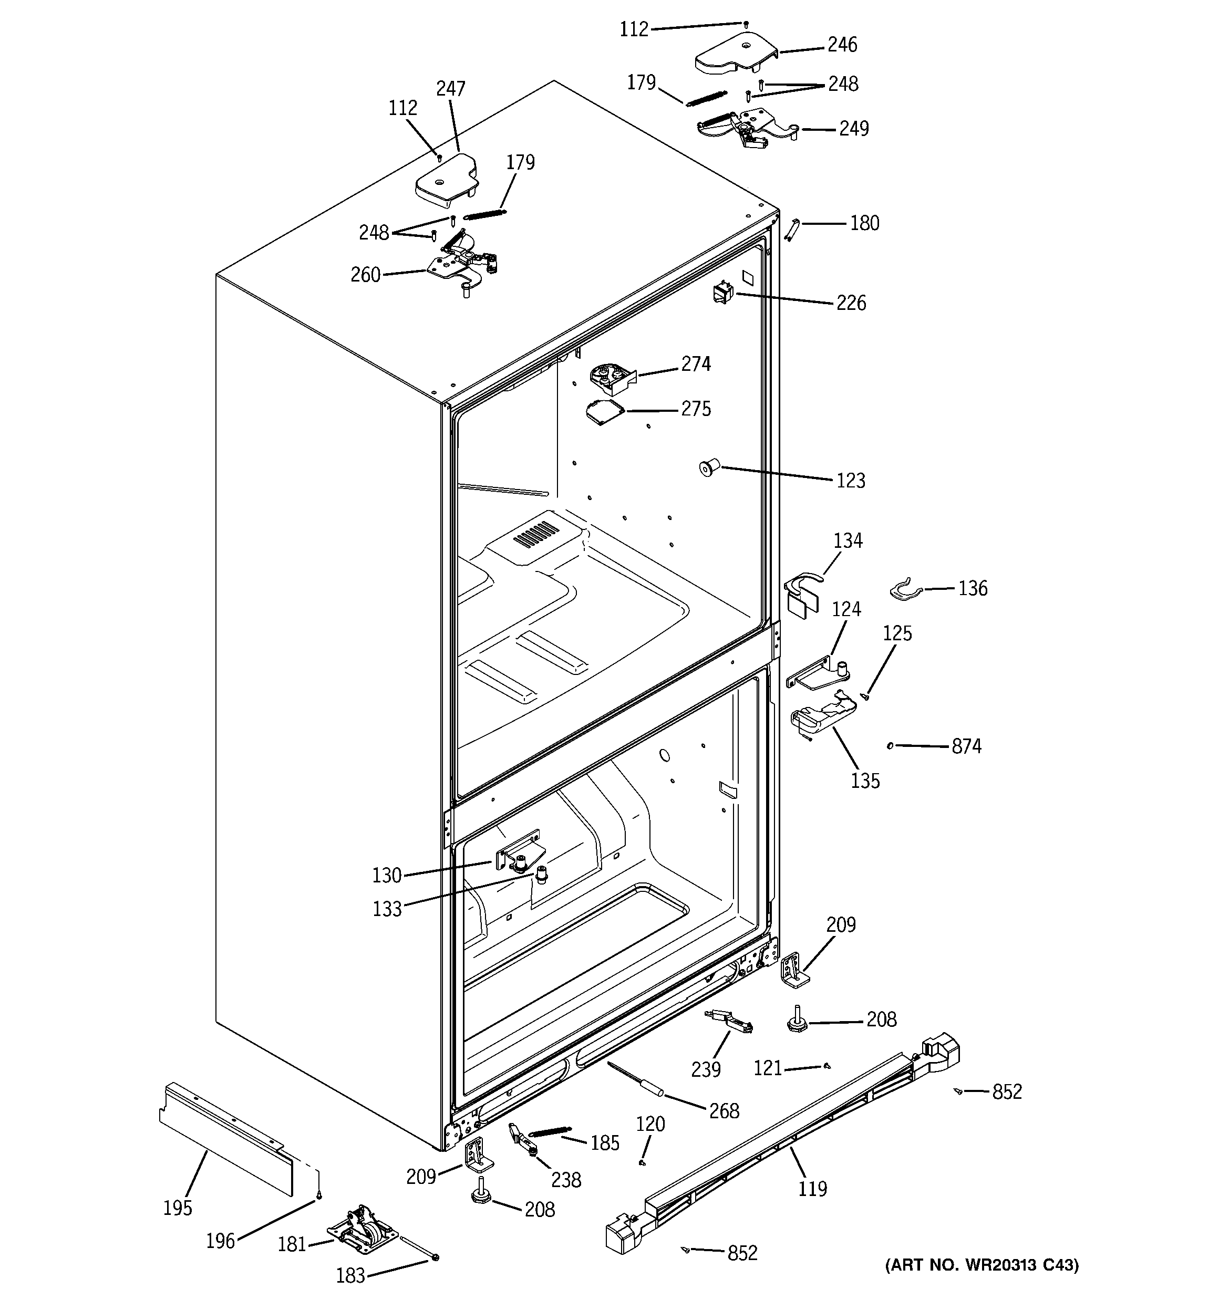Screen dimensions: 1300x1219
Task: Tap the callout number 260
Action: pos(365,275)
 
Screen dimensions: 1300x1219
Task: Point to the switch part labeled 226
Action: pos(723,293)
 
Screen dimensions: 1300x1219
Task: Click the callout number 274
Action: pos(696,363)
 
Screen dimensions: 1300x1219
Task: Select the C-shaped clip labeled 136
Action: pos(905,590)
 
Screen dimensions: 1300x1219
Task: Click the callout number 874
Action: pos(966,746)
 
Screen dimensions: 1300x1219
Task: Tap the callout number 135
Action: pos(864,780)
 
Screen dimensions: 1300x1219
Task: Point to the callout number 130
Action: pos(387,875)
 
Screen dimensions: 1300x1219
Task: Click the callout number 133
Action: pos(387,908)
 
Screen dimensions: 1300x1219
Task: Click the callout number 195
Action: pos(177,1208)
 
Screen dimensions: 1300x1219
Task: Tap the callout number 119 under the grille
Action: pos(812,1188)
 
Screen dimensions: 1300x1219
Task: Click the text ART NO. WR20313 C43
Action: pos(981,1265)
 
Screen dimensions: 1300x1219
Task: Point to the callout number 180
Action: pos(864,223)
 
